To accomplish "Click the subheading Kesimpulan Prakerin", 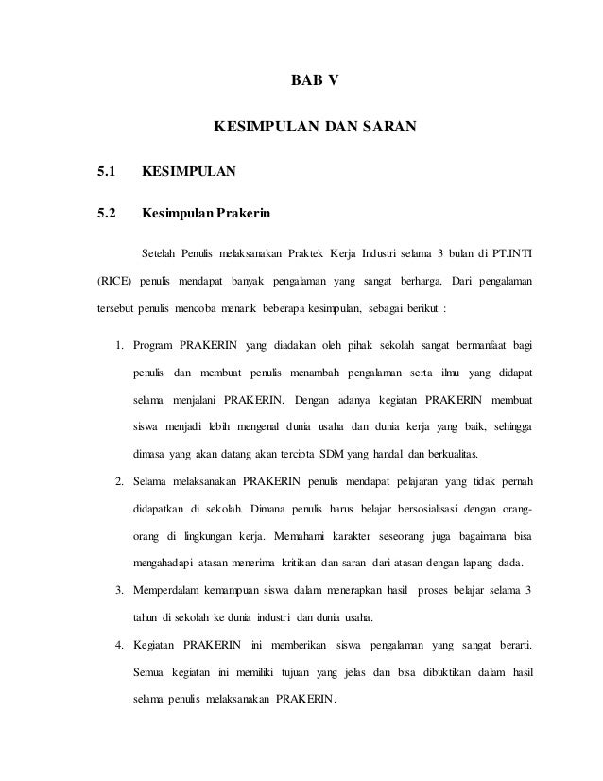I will [205, 213].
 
